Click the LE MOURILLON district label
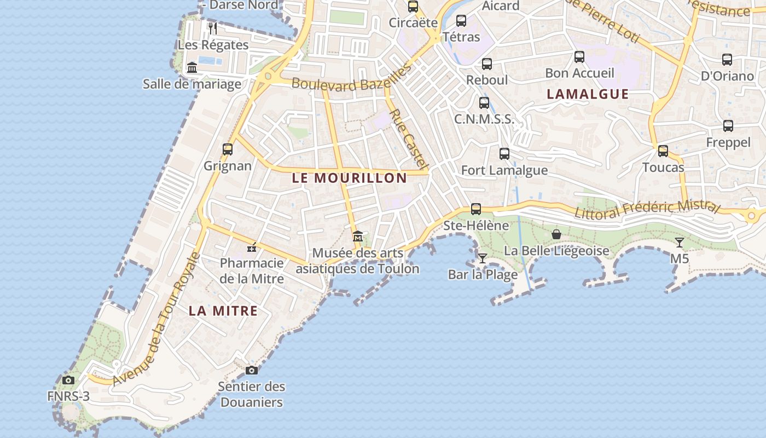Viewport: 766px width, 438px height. pos(350,178)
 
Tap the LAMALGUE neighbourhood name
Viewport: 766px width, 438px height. pos(588,94)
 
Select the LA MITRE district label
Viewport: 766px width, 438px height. pos(223,311)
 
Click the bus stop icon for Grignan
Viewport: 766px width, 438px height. pos(228,149)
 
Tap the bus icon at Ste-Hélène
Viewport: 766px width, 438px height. pos(476,209)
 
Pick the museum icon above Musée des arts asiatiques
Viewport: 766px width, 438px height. pos(358,237)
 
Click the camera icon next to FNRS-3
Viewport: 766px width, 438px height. pos(68,380)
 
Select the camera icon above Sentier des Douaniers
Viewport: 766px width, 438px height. pos(251,370)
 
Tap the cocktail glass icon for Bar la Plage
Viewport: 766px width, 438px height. pos(482,258)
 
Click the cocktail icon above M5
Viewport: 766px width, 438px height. pos(680,242)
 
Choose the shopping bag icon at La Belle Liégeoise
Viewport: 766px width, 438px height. pos(556,234)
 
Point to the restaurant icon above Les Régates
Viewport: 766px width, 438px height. pos(213,28)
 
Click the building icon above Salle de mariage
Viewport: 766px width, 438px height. pos(192,67)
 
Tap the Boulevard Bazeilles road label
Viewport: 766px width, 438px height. pos(351,78)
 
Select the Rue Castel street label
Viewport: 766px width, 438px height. pos(409,139)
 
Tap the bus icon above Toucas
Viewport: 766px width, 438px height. pos(663,151)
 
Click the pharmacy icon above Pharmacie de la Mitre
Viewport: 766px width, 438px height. pos(252,248)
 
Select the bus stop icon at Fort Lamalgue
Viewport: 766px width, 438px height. pos(504,154)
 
